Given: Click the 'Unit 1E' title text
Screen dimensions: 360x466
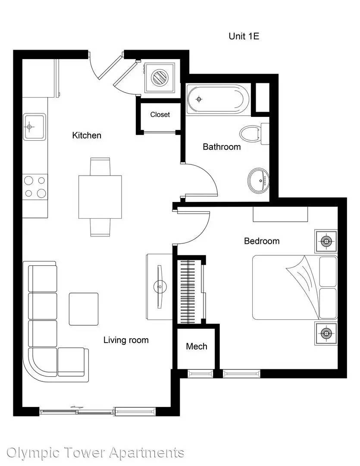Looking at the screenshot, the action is click(244, 36).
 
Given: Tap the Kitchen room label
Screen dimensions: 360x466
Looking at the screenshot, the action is click(87, 135).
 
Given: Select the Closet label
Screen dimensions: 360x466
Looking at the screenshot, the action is click(160, 115).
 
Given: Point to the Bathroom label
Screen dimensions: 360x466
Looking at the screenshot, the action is click(222, 147).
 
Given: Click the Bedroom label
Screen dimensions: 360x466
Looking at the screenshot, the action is click(262, 241).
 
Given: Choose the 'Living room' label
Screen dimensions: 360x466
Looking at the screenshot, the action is click(126, 340).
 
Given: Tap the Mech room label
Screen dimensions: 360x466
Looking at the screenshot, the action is click(197, 346).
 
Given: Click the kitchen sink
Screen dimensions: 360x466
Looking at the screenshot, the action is click(34, 126).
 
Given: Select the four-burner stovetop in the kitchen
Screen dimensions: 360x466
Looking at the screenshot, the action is click(35, 187).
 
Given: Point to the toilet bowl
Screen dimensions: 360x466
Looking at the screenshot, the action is click(250, 134).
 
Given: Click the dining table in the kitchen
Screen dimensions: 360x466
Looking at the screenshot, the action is click(100, 197).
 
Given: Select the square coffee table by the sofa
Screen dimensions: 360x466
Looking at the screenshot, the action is click(84, 309).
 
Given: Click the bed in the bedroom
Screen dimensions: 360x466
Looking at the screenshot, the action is click(295, 287).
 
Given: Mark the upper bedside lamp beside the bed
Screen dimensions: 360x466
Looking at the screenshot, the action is click(326, 241).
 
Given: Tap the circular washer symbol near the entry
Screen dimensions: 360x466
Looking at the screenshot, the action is click(160, 77).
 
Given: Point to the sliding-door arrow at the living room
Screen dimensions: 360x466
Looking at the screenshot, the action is click(77, 407).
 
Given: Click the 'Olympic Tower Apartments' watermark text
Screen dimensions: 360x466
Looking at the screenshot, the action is click(95, 453).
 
